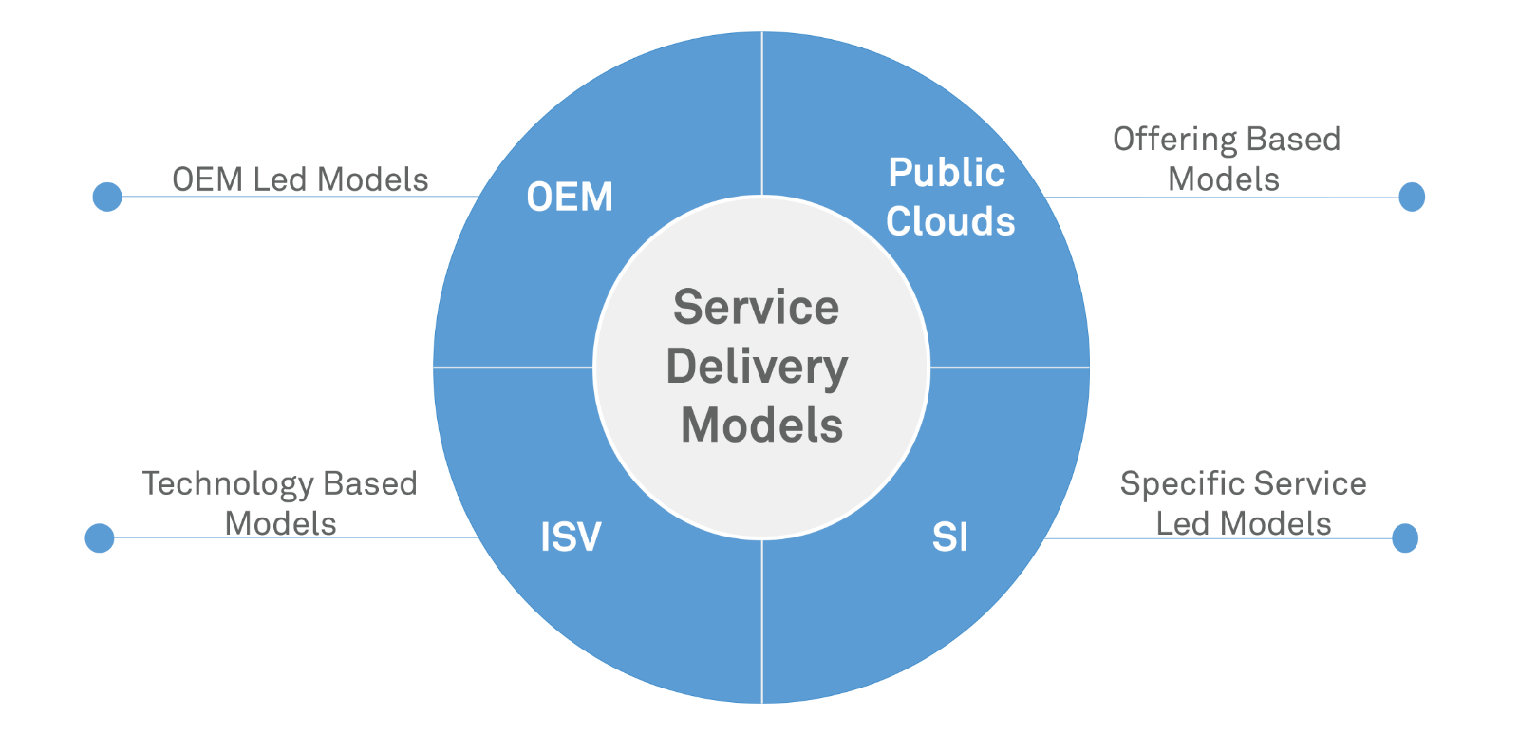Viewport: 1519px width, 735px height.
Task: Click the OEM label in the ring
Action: pos(570,198)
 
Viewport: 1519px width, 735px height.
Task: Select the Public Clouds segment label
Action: pos(949,197)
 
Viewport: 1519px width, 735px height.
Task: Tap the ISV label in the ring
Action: pos(571,537)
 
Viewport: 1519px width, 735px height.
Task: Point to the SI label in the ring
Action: pos(950,537)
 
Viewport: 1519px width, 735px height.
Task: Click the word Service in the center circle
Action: pos(757,308)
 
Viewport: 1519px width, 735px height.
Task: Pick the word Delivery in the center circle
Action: pos(757,367)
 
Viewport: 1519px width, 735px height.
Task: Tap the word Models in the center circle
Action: pos(761,425)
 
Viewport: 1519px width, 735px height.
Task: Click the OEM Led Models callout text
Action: pos(300,179)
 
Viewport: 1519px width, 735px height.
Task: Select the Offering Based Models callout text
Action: pos(1226,159)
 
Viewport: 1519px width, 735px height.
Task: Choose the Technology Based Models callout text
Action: pos(280,503)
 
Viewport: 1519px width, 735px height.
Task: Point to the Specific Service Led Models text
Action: pos(1243,503)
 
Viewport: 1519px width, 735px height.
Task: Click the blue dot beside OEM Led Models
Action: pos(107,197)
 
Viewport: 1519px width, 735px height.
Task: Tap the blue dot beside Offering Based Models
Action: pos(1412,197)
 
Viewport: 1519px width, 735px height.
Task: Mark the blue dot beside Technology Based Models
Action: pos(100,537)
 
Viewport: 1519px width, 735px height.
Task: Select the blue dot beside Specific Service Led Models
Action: pos(1405,537)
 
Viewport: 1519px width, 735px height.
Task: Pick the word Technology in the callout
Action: pos(228,484)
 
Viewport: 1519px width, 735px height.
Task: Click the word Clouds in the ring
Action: pos(950,221)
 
